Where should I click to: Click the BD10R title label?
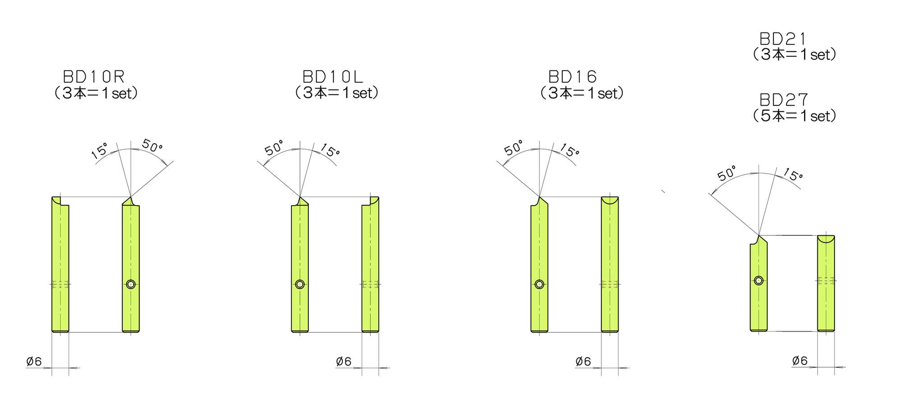pos(94,76)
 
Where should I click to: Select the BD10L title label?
pos(333,76)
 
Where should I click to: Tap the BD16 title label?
pos(573,76)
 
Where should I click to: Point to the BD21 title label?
pos(783,38)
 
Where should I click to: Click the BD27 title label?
pos(784,99)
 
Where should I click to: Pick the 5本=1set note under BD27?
pos(795,116)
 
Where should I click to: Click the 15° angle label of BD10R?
pos(100,151)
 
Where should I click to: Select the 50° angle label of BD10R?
pos(152,145)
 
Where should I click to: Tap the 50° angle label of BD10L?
pos(274,148)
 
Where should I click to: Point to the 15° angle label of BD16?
pos(569,150)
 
